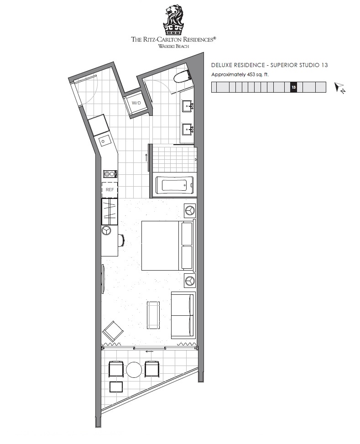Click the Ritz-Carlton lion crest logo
tap(173, 21)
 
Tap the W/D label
tap(136, 103)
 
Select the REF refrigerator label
tap(110, 190)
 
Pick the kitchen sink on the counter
tap(104, 141)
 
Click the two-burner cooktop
tap(110, 174)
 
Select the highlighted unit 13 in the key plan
tap(294, 87)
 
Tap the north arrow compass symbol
tap(339, 88)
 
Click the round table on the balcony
tap(134, 370)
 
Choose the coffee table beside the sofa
tap(153, 315)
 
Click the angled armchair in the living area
tap(113, 331)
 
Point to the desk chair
tap(122, 240)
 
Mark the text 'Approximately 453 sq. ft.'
tap(240, 75)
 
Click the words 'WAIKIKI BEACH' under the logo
tap(174, 46)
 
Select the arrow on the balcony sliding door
tap(149, 352)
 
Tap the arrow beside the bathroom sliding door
tap(146, 157)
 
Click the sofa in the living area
tap(183, 315)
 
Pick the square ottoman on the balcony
tap(116, 387)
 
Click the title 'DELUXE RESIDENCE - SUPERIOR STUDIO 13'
tap(269, 65)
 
